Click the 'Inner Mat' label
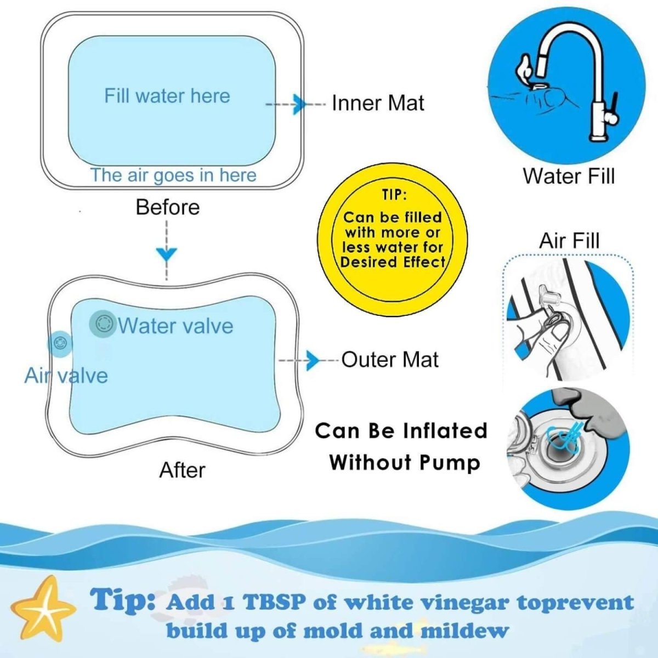[x=378, y=103]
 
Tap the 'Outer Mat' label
[x=390, y=360]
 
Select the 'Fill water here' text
[x=167, y=95]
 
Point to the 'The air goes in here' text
[x=173, y=175]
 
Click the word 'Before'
[x=168, y=207]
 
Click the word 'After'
[x=183, y=470]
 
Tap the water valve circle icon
[x=103, y=324]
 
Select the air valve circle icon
[x=60, y=343]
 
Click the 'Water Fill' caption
[x=569, y=176]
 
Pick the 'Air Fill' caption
[x=569, y=241]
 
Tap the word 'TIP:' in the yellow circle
[x=394, y=196]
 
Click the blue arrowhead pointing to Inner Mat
[x=300, y=104]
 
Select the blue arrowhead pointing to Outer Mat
[x=313, y=360]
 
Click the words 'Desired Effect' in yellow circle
[x=393, y=263]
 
